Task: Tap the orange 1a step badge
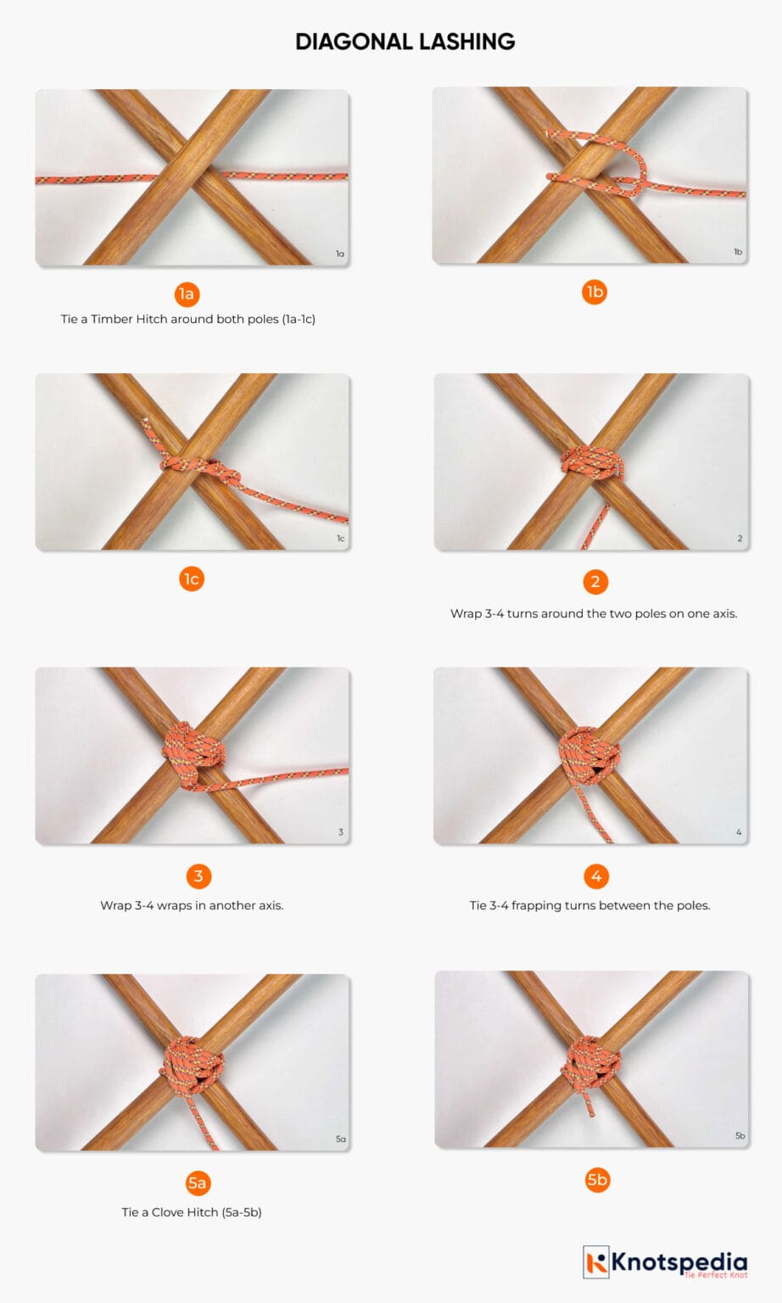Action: coord(187,294)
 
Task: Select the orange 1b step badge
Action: coord(595,292)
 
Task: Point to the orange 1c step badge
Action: coord(192,579)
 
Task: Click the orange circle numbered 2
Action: coord(595,582)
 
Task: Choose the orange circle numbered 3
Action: coord(198,876)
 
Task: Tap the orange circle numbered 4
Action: coord(595,876)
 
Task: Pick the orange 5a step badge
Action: coord(197,1183)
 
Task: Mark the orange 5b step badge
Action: coord(597,1180)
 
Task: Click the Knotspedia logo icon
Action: coord(596,1262)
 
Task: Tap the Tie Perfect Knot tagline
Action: coord(716,1275)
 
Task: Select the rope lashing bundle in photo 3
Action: coord(194,756)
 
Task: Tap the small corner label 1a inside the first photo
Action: coord(340,254)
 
